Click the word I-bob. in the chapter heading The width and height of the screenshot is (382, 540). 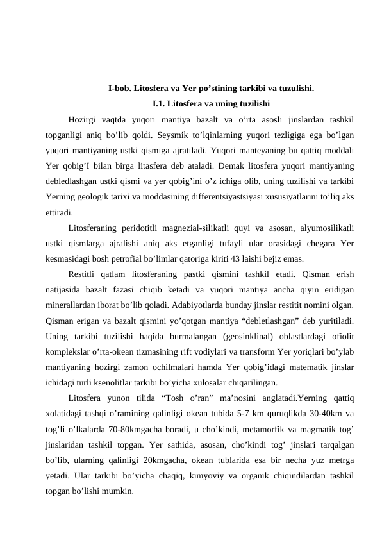120,89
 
